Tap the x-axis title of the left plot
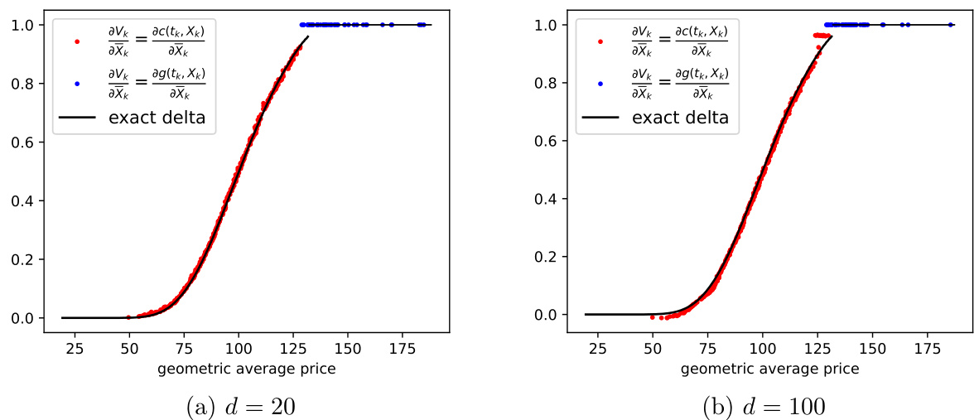pyautogui.click(x=246, y=368)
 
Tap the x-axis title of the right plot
pyautogui.click(x=769, y=368)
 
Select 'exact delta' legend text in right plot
pyautogui.click(x=680, y=118)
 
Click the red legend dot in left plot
pyautogui.click(x=76, y=41)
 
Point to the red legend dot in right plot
pyautogui.click(x=600, y=41)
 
